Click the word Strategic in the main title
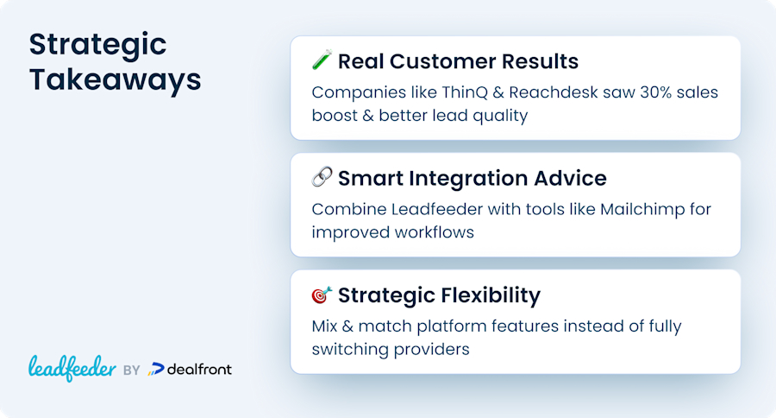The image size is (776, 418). pyautogui.click(x=98, y=46)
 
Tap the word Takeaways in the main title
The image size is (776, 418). pyautogui.click(x=116, y=79)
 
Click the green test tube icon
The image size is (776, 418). pyautogui.click(x=322, y=60)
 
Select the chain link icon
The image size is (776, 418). pyautogui.click(x=322, y=177)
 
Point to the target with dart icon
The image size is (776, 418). pyautogui.click(x=322, y=294)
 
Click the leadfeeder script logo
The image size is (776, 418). pyautogui.click(x=72, y=369)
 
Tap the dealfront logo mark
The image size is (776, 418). pyautogui.click(x=155, y=370)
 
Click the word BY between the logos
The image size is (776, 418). pyautogui.click(x=132, y=370)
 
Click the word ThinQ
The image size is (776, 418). pyautogui.click(x=464, y=92)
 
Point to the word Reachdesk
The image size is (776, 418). pyautogui.click(x=554, y=92)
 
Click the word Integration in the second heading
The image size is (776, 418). pyautogui.click(x=467, y=179)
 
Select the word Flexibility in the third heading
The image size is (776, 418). pyautogui.click(x=490, y=295)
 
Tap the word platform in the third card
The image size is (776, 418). pyautogui.click(x=451, y=326)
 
